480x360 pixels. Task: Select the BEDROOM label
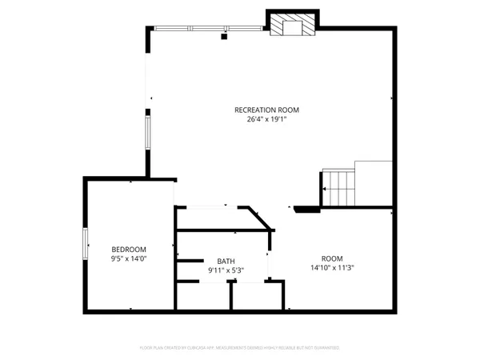click(x=128, y=248)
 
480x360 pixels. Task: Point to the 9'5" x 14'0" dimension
click(x=128, y=258)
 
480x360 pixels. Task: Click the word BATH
click(x=226, y=261)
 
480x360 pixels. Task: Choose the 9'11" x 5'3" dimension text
click(x=226, y=270)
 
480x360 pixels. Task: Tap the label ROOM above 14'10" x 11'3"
click(x=332, y=258)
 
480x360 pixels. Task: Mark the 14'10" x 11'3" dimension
click(x=332, y=267)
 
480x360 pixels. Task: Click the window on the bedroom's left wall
click(x=86, y=243)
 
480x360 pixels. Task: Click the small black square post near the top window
click(x=224, y=36)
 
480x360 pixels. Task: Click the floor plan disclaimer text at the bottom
click(x=240, y=348)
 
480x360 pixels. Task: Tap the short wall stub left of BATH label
click(x=190, y=261)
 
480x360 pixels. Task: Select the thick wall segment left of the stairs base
click(x=306, y=210)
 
